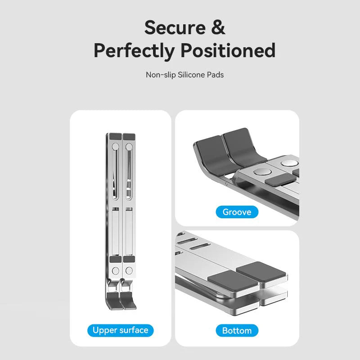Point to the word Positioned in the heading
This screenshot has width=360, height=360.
click(229, 51)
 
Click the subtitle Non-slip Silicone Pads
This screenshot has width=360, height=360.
click(184, 75)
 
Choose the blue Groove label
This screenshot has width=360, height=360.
click(237, 212)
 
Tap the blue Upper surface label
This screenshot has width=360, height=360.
click(120, 330)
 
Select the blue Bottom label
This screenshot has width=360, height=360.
click(237, 331)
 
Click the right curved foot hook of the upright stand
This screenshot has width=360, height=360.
click(129, 300)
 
